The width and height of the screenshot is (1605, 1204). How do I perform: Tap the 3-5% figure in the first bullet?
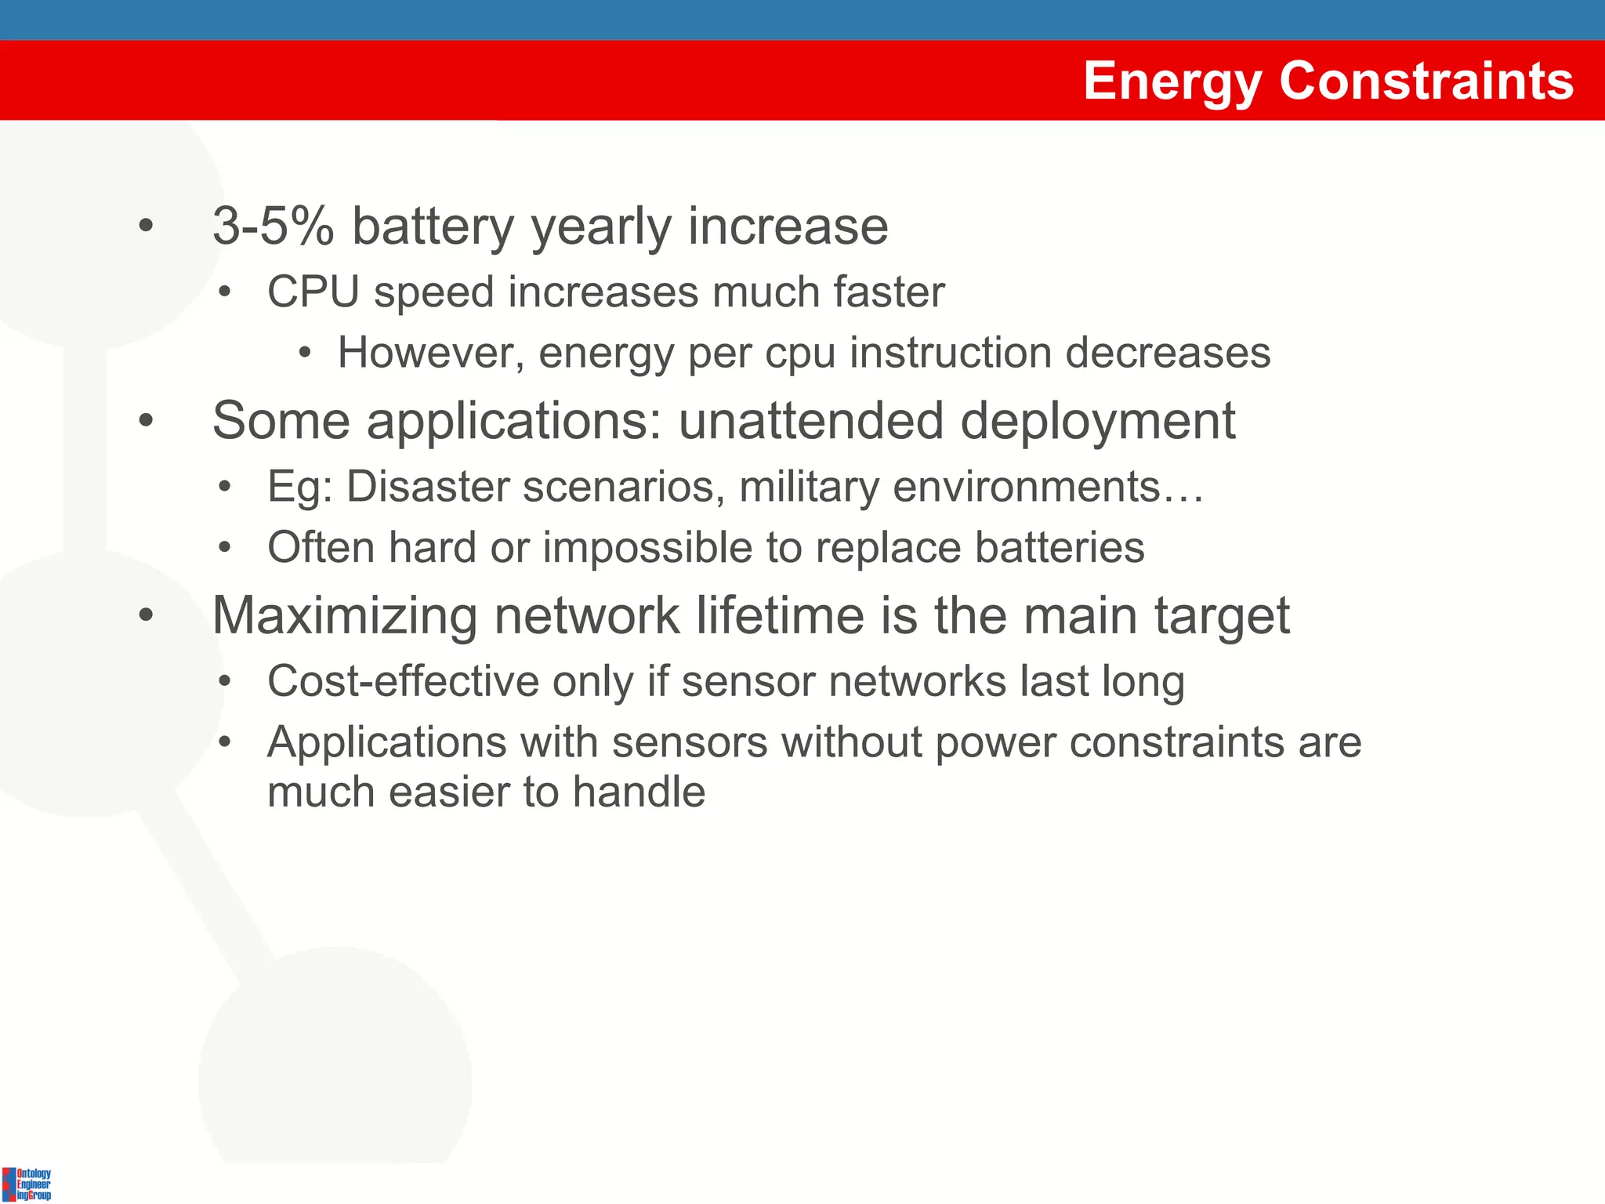click(x=273, y=227)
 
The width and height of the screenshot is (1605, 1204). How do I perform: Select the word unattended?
click(x=810, y=421)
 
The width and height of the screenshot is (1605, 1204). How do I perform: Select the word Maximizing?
click(x=345, y=616)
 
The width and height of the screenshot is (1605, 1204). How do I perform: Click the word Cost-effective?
click(x=403, y=681)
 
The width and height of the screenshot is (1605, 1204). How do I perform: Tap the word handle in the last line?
click(x=639, y=792)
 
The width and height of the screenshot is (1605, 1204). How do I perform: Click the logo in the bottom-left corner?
click(x=27, y=1184)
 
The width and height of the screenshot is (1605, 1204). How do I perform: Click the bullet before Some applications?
click(x=146, y=421)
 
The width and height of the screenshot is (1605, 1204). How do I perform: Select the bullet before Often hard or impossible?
click(x=225, y=547)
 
